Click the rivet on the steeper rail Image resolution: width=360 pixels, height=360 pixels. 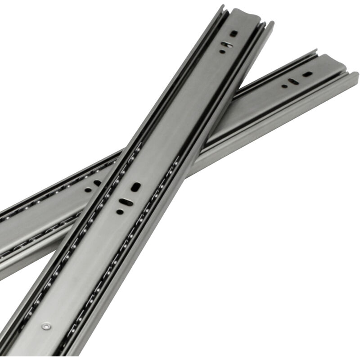(46, 326)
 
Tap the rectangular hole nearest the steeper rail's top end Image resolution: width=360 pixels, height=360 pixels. (234, 33)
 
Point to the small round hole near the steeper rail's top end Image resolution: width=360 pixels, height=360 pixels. (222, 51)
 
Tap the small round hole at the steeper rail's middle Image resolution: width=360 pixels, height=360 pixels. (119, 211)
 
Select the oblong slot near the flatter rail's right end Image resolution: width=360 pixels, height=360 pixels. (293, 81)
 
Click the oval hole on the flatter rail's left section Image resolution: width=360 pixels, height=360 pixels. (97, 183)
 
